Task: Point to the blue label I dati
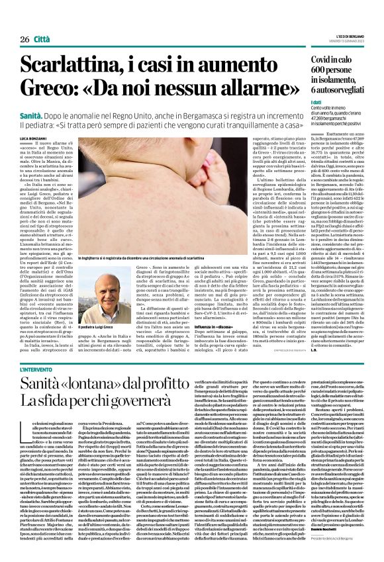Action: pyautogui.click(x=298, y=104)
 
